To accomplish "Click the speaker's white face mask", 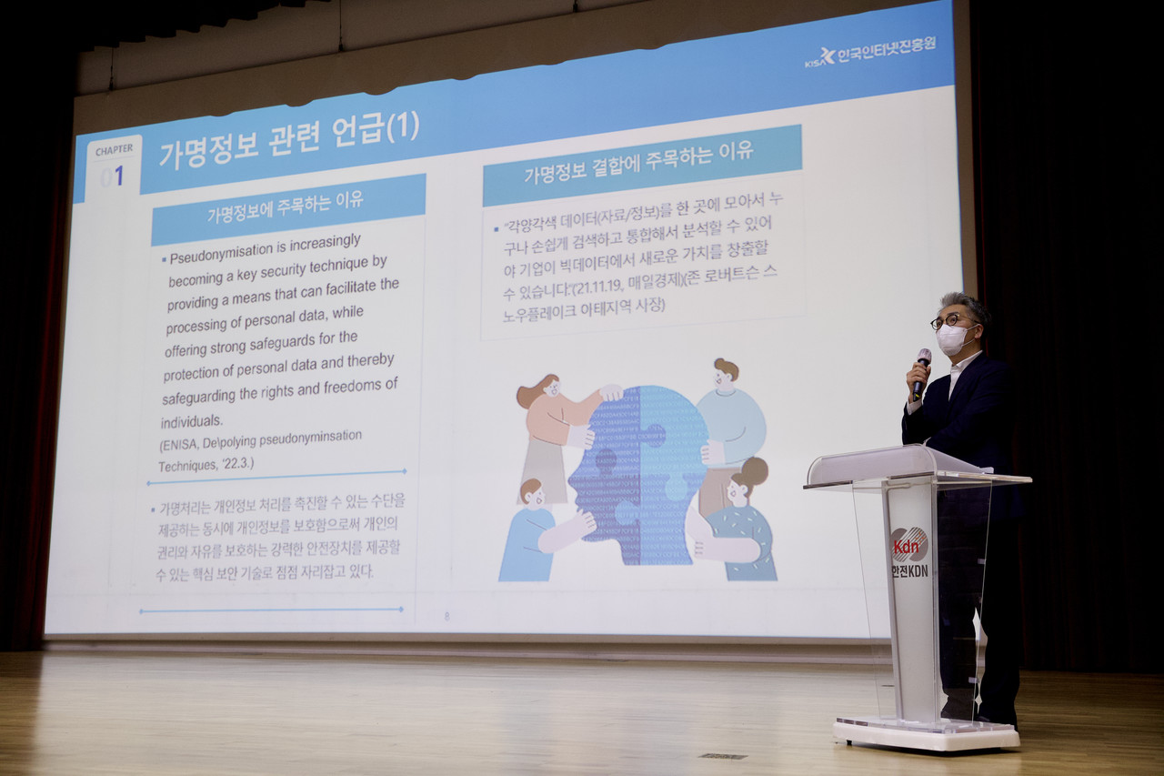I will (952, 339).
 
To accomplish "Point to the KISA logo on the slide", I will (820, 56).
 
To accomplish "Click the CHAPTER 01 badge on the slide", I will (115, 165).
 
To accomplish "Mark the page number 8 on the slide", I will (447, 616).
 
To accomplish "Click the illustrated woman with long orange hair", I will (555, 428).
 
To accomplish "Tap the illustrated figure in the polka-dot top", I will (741, 528).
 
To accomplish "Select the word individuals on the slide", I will (192, 421).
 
